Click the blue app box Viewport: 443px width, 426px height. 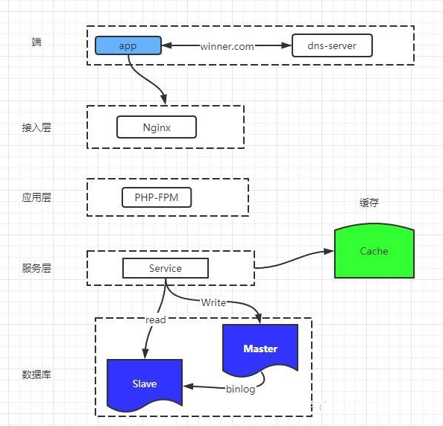128,45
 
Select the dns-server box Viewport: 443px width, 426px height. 332,45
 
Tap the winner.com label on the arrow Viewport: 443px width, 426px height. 227,46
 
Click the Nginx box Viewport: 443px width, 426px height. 157,127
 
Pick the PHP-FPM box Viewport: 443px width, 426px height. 157,197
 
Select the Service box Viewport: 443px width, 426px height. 166,268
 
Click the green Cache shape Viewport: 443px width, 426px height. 374,251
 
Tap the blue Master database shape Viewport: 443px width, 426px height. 260,350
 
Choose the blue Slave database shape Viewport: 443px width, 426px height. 145,385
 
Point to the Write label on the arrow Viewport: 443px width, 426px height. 213,302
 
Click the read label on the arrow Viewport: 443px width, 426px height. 155,320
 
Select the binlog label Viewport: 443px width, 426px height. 240,389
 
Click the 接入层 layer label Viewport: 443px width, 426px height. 37,127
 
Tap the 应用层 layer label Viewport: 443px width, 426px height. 37,197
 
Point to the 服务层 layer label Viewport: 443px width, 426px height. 37,268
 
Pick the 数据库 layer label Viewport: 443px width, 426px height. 37,375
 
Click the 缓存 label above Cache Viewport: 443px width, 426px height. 369,203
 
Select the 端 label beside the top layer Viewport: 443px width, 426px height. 37,42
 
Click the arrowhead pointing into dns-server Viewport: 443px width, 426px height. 286,45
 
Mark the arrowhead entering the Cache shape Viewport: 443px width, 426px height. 329,251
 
